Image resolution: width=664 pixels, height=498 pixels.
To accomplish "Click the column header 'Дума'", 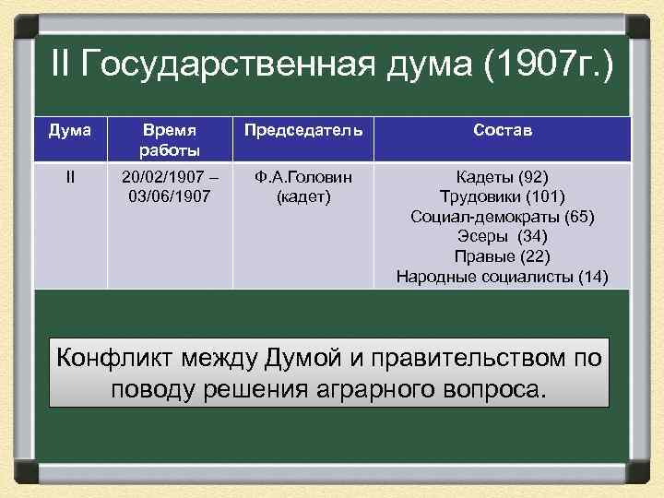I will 71,131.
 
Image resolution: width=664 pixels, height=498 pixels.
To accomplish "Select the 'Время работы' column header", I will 170,140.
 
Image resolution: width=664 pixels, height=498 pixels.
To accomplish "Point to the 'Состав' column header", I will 502,131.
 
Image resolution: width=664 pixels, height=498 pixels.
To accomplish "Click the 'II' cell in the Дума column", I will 71,176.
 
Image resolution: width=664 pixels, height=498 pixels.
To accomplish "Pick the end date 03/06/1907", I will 170,196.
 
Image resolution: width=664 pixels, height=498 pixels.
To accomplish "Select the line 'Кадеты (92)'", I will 502,176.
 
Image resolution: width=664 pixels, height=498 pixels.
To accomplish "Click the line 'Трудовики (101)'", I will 502,196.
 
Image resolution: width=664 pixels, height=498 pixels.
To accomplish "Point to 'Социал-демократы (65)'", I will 502,217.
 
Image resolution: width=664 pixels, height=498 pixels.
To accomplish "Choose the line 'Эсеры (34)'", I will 502,236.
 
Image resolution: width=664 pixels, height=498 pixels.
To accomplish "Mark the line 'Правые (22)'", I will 502,256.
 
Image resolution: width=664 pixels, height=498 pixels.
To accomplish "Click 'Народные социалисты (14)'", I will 502,276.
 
